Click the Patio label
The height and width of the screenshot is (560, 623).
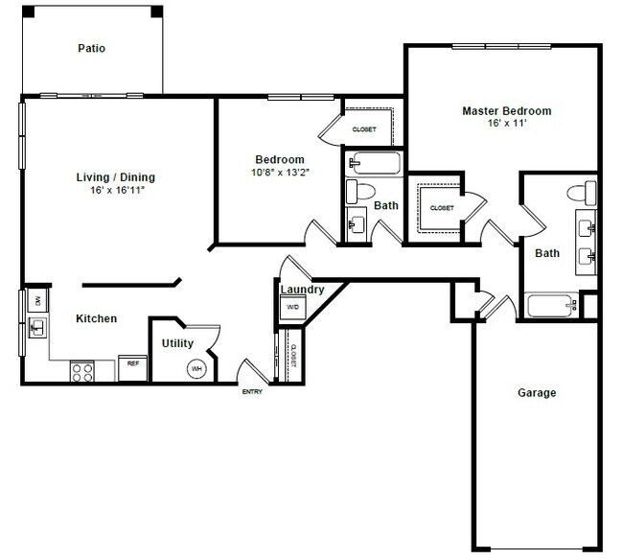[92, 48]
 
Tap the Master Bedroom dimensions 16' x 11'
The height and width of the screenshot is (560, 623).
[507, 124]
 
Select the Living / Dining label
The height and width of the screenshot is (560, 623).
[115, 177]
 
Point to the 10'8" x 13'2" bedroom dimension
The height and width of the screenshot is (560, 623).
[279, 174]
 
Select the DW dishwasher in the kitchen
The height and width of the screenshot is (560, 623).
[36, 300]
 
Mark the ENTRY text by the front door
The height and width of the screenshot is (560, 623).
[252, 392]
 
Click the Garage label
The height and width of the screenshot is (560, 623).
[537, 392]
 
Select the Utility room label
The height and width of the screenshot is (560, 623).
[178, 343]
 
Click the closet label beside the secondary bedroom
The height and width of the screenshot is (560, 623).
[364, 129]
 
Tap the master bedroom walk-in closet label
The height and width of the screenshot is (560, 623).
[441, 207]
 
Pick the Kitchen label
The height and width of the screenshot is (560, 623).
[97, 318]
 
